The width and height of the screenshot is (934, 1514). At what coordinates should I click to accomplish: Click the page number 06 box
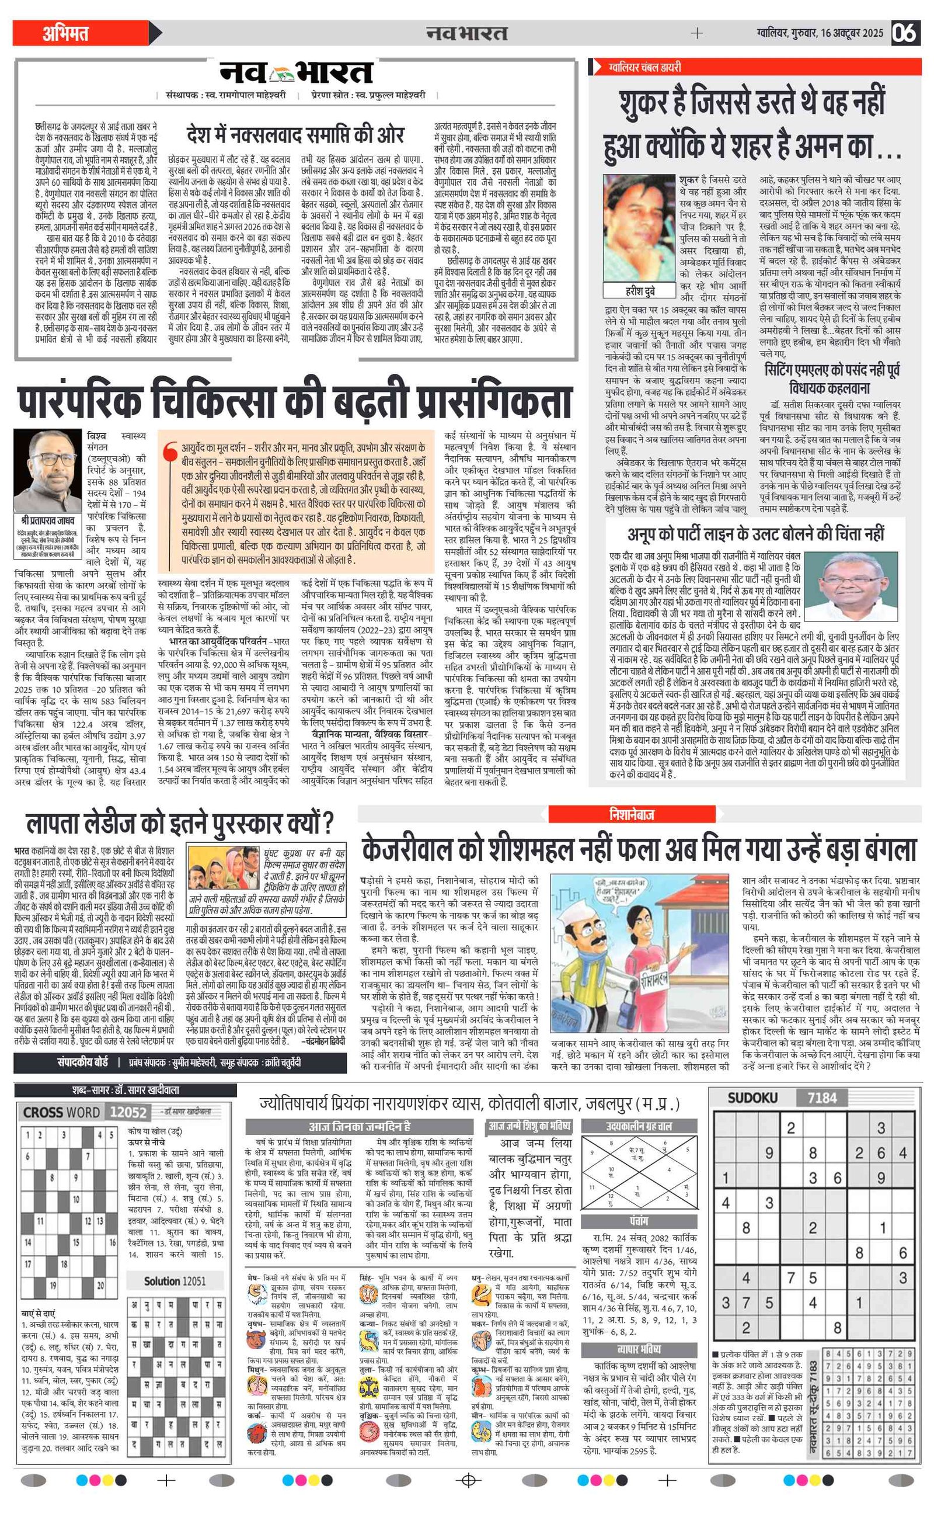click(905, 33)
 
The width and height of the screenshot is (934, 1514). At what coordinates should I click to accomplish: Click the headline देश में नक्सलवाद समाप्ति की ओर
click(295, 135)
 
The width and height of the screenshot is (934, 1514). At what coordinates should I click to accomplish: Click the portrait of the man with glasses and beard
click(47, 470)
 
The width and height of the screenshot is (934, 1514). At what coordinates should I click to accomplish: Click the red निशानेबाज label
click(632, 814)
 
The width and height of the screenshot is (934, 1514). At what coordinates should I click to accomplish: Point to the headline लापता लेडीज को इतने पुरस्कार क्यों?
click(180, 824)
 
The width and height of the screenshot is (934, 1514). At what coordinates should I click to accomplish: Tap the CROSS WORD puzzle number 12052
click(128, 1112)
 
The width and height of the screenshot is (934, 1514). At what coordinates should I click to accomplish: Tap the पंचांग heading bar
click(639, 1221)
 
